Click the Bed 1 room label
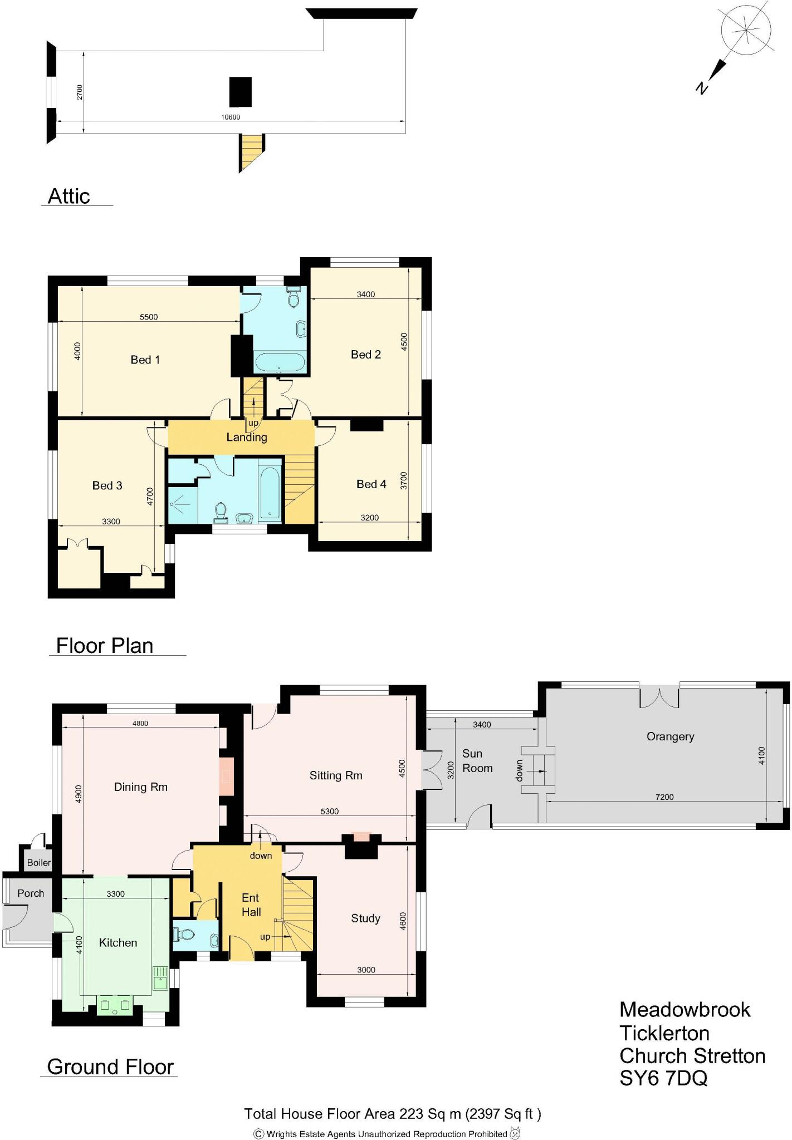click(145, 360)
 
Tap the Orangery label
click(670, 736)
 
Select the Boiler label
click(39, 862)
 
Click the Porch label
click(31, 893)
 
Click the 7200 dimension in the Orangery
click(664, 797)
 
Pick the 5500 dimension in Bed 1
click(149, 317)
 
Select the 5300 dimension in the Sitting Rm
click(330, 812)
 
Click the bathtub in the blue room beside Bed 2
click(280, 362)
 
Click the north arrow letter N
click(702, 87)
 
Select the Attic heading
click(69, 196)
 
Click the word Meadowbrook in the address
click(685, 1010)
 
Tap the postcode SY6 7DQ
click(663, 1078)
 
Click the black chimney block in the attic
click(241, 92)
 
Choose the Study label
click(365, 918)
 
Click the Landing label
click(247, 437)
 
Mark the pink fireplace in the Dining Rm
click(226, 776)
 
